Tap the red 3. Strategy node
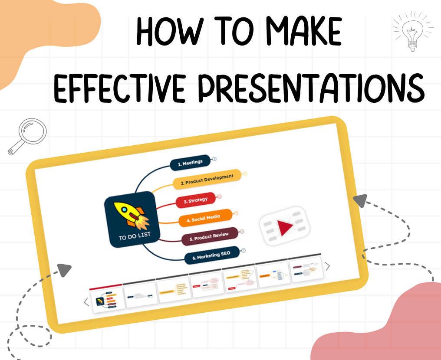(x=195, y=200)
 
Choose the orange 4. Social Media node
(x=206, y=218)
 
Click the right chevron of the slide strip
(x=328, y=266)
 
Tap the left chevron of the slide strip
(x=86, y=302)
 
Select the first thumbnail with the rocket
(x=107, y=300)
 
